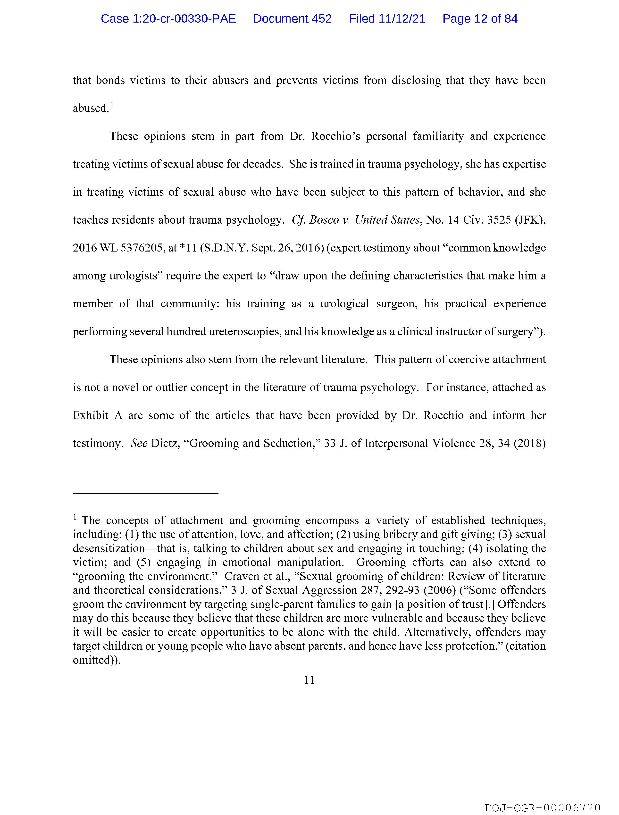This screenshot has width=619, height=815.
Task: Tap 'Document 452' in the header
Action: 292,19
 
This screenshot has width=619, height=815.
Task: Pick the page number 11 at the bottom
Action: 309,680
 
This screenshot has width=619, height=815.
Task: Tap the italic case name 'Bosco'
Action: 324,220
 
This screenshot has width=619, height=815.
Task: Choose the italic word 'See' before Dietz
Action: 139,443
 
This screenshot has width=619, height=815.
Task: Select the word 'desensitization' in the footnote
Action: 109,548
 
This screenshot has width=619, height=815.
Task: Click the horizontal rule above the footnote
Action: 146,493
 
